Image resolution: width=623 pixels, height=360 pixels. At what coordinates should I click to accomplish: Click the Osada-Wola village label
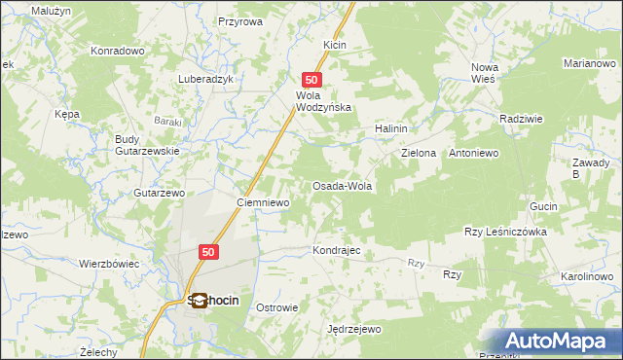tap(342, 186)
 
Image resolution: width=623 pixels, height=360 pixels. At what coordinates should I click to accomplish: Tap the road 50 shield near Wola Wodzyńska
tap(311, 80)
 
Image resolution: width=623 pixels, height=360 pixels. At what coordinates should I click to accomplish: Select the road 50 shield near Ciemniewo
tap(208, 252)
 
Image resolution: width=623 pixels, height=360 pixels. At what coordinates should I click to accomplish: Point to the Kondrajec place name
tap(337, 250)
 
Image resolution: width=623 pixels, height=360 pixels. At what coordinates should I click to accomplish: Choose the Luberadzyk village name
tap(206, 80)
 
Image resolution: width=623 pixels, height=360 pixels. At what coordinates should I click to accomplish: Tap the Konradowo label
tap(117, 51)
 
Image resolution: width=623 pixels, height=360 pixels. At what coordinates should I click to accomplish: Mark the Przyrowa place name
tap(240, 20)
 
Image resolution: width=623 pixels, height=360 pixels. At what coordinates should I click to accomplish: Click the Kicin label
tap(335, 46)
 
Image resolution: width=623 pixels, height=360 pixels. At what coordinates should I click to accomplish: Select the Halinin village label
tap(390, 128)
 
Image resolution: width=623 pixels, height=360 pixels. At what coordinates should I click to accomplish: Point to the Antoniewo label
tap(473, 154)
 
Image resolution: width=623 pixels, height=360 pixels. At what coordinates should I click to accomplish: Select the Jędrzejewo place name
tap(354, 330)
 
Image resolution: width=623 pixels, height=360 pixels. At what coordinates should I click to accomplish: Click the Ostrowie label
tap(276, 307)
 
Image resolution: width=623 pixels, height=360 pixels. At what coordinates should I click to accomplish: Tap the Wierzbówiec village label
tap(109, 264)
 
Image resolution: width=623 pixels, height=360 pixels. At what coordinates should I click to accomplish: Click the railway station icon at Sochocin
tap(199, 301)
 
